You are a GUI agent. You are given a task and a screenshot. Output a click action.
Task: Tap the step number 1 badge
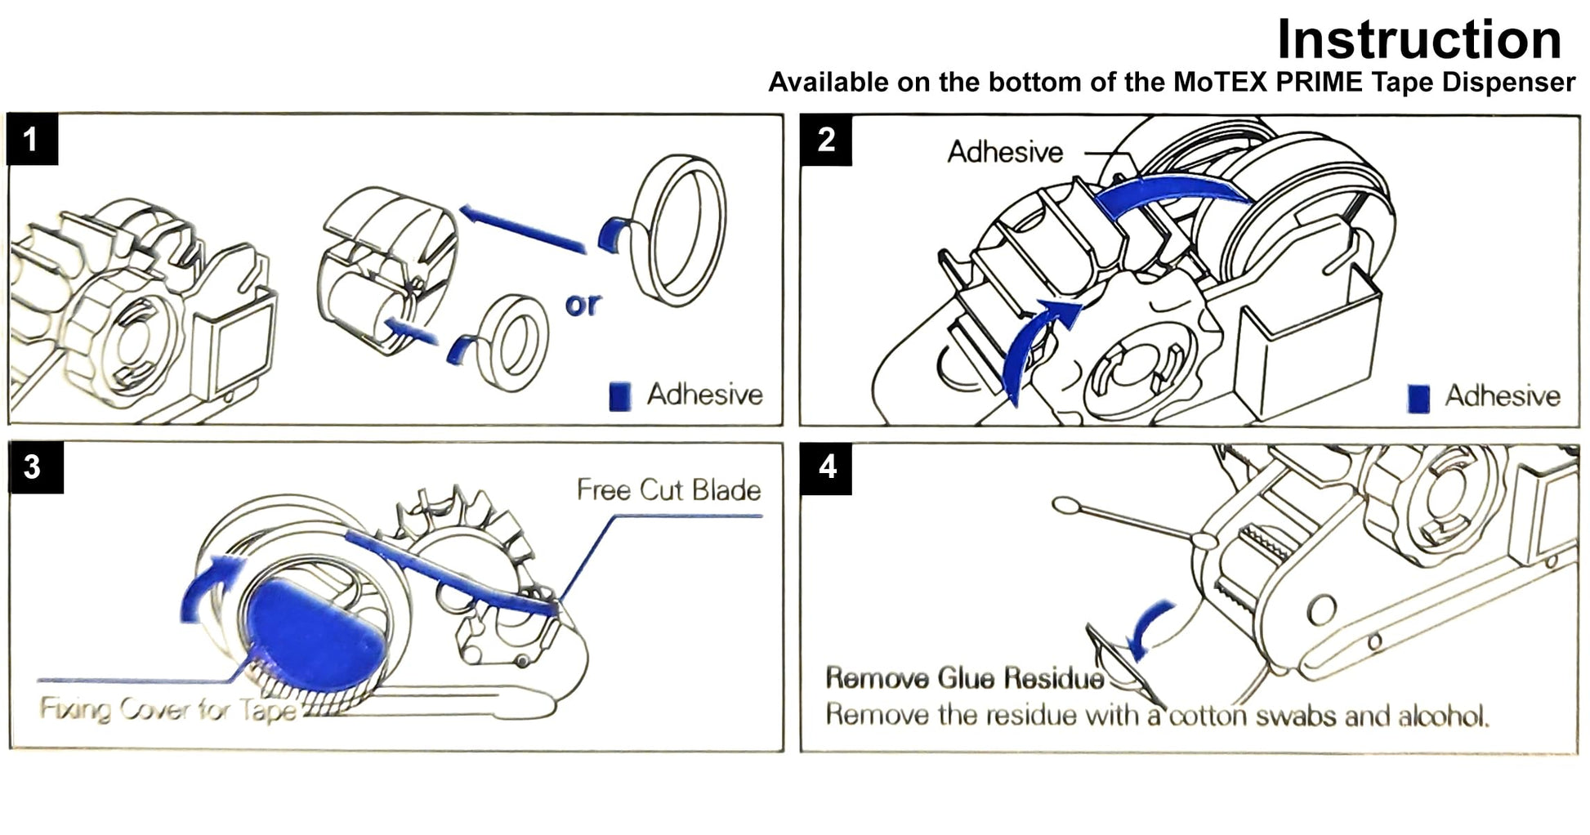[31, 140]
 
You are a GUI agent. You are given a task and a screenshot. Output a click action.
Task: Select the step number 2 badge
[826, 140]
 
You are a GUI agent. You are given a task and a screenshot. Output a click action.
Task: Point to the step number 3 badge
[33, 467]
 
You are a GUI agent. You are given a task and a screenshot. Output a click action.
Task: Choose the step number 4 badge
[827, 467]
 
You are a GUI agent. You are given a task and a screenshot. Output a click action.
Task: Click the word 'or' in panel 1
[583, 305]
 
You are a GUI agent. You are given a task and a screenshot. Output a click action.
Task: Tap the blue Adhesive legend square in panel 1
[620, 396]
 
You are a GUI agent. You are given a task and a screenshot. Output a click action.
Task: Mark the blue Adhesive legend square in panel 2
[1418, 398]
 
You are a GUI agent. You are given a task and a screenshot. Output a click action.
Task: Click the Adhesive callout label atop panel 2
[1005, 152]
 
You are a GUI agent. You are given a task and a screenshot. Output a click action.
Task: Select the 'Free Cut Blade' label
[668, 490]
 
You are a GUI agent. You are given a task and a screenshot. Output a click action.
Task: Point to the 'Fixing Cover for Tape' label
[167, 709]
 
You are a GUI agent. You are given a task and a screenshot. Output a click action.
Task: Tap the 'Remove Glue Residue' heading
[964, 678]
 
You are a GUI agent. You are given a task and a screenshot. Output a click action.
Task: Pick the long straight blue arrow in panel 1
[523, 229]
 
